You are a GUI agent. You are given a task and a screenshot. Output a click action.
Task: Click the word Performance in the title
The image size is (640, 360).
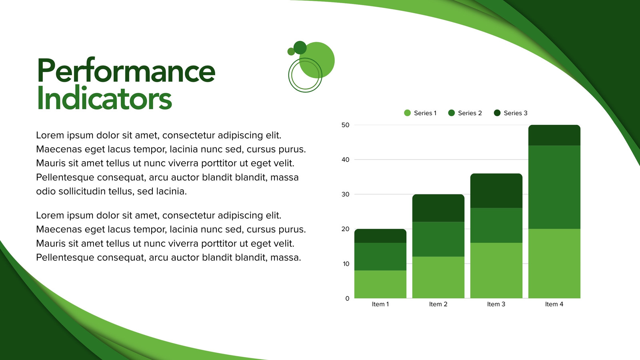pos(126,70)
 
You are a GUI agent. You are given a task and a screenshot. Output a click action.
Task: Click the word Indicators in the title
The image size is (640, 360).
pos(104,98)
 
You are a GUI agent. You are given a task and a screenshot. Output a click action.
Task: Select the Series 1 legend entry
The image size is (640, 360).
pos(420,113)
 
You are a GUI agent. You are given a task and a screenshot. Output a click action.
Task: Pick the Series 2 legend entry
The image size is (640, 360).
pos(465,113)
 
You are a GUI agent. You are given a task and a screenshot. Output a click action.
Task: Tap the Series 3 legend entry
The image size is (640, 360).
pos(510,113)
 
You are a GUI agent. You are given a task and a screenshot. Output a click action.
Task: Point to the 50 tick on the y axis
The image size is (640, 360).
pos(346,125)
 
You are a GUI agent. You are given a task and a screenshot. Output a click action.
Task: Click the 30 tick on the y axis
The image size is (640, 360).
pos(346,194)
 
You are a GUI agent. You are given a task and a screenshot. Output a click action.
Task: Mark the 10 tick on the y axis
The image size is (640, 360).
pos(346,264)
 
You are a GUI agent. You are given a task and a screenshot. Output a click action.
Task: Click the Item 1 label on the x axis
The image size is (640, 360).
pos(380,304)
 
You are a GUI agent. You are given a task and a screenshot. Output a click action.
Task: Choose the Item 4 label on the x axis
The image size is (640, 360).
pos(554,304)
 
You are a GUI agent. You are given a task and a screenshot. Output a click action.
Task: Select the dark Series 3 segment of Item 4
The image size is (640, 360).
pos(554,135)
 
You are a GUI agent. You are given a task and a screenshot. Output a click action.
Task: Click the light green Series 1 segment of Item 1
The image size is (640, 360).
pos(380,284)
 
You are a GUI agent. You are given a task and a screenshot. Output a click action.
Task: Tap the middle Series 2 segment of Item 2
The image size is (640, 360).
pos(438,239)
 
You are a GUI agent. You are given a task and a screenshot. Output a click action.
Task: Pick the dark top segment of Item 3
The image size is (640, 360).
pos(496,190)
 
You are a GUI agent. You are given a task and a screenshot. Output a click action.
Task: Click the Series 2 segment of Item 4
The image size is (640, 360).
pos(554,187)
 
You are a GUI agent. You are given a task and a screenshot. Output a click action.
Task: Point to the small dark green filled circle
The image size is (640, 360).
pos(300,48)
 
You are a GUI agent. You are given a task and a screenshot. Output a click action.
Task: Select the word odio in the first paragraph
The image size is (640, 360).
pos(46,191)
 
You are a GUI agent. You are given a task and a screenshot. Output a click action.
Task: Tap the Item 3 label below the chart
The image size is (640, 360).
pos(496,304)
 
